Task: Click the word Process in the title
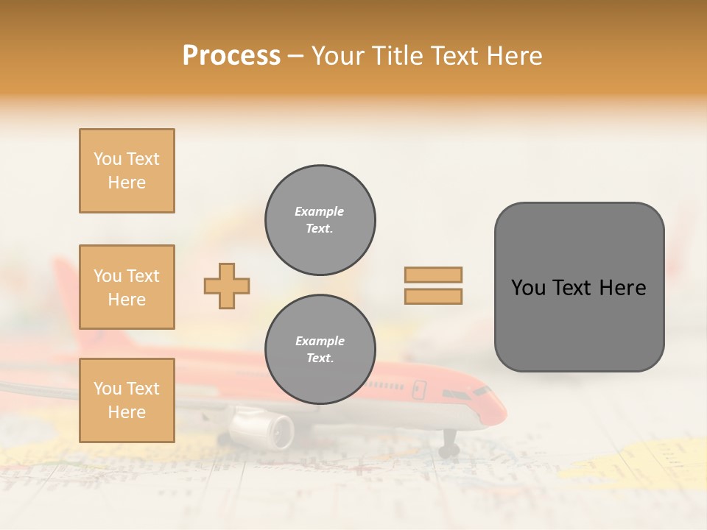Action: pyautogui.click(x=231, y=56)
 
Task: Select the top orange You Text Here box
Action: pyautogui.click(x=127, y=171)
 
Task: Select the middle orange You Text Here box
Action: pyautogui.click(x=127, y=287)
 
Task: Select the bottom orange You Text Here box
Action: pyautogui.click(x=127, y=400)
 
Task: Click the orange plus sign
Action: pyautogui.click(x=227, y=286)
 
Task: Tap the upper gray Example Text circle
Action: pyautogui.click(x=320, y=220)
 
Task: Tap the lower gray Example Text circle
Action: pyautogui.click(x=320, y=350)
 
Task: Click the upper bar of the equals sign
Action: pyautogui.click(x=433, y=275)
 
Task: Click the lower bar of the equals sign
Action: pyautogui.click(x=433, y=296)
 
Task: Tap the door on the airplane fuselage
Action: pyautogui.click(x=419, y=389)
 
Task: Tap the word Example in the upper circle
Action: pyautogui.click(x=320, y=211)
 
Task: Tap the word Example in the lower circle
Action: pyautogui.click(x=320, y=341)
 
